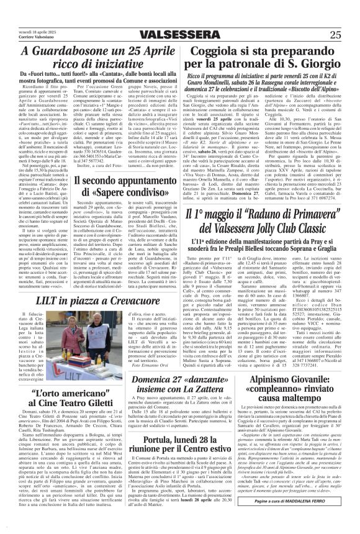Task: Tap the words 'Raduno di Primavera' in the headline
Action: click(287, 214)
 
